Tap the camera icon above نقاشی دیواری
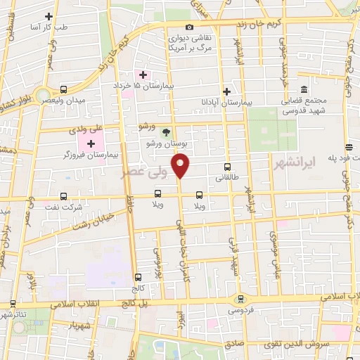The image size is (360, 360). point(189,26)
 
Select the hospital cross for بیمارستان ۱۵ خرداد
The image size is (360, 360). point(143,75)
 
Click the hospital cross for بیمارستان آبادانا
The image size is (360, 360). point(226,91)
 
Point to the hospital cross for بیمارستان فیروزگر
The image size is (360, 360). point(91,143)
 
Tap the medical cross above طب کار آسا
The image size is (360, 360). point(49,16)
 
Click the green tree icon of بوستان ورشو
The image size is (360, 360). point(166,131)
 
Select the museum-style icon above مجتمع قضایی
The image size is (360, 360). point(304,90)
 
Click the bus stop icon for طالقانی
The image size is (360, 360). point(226,167)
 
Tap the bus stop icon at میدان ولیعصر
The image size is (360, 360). point(64,89)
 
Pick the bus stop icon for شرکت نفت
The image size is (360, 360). point(64,196)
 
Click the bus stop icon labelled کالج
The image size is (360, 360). point(138,277)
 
